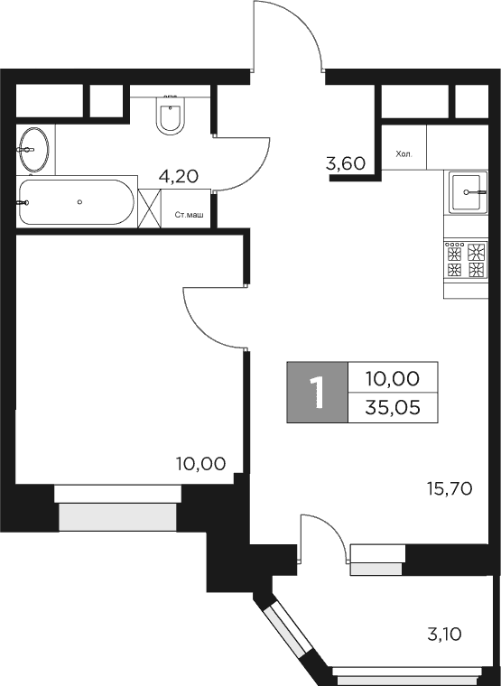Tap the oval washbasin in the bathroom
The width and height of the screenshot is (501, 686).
coord(35,150)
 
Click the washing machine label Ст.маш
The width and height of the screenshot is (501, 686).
coord(189,214)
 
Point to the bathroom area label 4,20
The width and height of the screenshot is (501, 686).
coord(178,176)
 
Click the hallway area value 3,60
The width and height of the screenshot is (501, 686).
coord(345,163)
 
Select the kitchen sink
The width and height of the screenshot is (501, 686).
coord(469,191)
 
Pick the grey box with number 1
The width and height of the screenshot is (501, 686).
coord(317,393)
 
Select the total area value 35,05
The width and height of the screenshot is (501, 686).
coord(391,408)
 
